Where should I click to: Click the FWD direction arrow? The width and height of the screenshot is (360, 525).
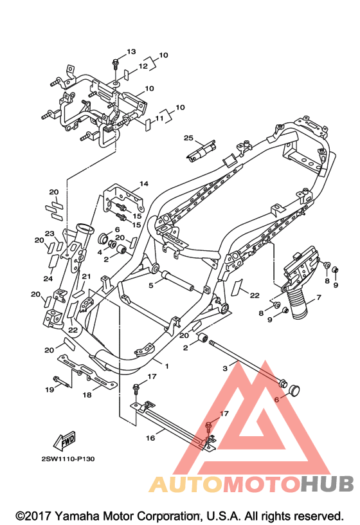point(64,441)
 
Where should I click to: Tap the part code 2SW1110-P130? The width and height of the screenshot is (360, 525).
point(68,459)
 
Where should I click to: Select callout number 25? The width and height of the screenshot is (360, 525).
point(188,138)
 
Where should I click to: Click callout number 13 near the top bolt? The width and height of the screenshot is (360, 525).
point(132,51)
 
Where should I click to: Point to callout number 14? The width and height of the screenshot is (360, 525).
point(144,183)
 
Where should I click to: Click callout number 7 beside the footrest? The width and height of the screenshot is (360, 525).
point(318,297)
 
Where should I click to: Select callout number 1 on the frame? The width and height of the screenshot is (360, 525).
point(167,366)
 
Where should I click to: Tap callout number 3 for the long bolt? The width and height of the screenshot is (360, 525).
point(225,368)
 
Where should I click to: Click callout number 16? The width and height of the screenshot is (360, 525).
point(150,438)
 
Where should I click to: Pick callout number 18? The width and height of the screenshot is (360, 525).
point(87,395)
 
